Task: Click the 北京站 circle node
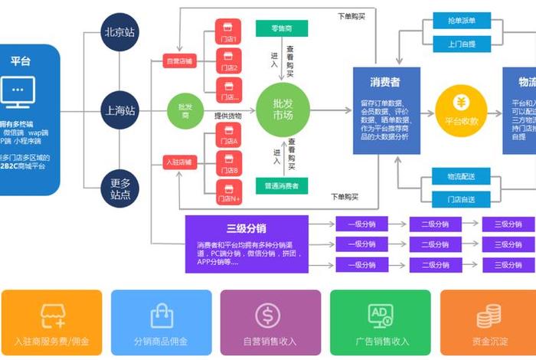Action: pyautogui.click(x=120, y=33)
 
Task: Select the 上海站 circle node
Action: pyautogui.click(x=120, y=110)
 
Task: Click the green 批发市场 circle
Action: pyautogui.click(x=283, y=110)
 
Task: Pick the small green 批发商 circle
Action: pyautogui.click(x=185, y=110)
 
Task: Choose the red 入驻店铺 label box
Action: pyautogui.click(x=181, y=162)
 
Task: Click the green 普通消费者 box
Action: pyautogui.click(x=282, y=185)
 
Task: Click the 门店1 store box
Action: pyautogui.click(x=229, y=36)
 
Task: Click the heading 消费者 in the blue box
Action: pyautogui.click(x=386, y=81)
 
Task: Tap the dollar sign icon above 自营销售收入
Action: pyautogui.click(x=268, y=315)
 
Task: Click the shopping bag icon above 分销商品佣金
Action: pyautogui.click(x=161, y=315)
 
